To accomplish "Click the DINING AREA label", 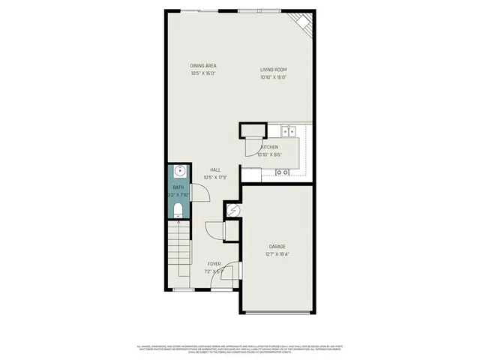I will click(203, 66).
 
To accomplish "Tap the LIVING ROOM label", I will click(274, 70).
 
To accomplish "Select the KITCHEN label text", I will click(269, 148).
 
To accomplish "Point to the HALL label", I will click(215, 170).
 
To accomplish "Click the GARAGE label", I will click(277, 246).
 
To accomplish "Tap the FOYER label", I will click(214, 264).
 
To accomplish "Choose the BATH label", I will click(178, 186).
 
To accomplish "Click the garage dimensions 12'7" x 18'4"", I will click(277, 254).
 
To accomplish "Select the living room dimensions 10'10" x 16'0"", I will click(274, 77).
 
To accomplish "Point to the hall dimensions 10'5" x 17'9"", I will click(215, 178).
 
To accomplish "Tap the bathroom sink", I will click(178, 171).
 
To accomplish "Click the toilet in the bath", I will click(178, 209).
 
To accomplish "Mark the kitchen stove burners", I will click(283, 172).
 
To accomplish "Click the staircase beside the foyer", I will click(179, 255).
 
